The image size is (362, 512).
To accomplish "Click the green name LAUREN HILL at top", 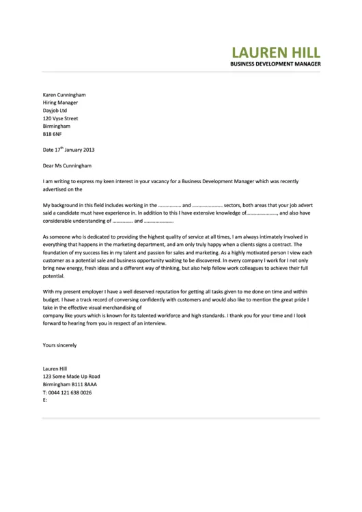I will click(x=276, y=53).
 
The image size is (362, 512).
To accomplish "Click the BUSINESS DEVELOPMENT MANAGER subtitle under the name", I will click(x=276, y=64).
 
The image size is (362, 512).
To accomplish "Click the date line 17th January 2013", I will click(x=68, y=149).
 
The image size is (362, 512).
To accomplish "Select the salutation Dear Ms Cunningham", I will click(x=67, y=165).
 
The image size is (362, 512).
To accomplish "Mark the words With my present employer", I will click(x=76, y=291).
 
